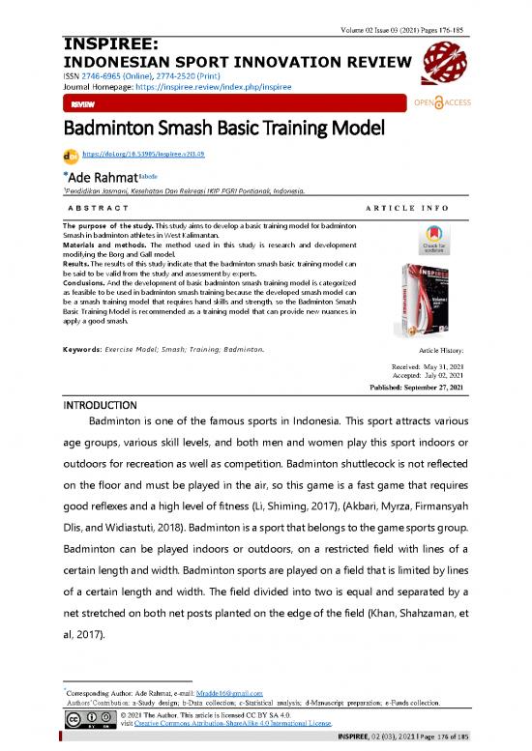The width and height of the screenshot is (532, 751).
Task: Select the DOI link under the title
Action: [143, 153]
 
